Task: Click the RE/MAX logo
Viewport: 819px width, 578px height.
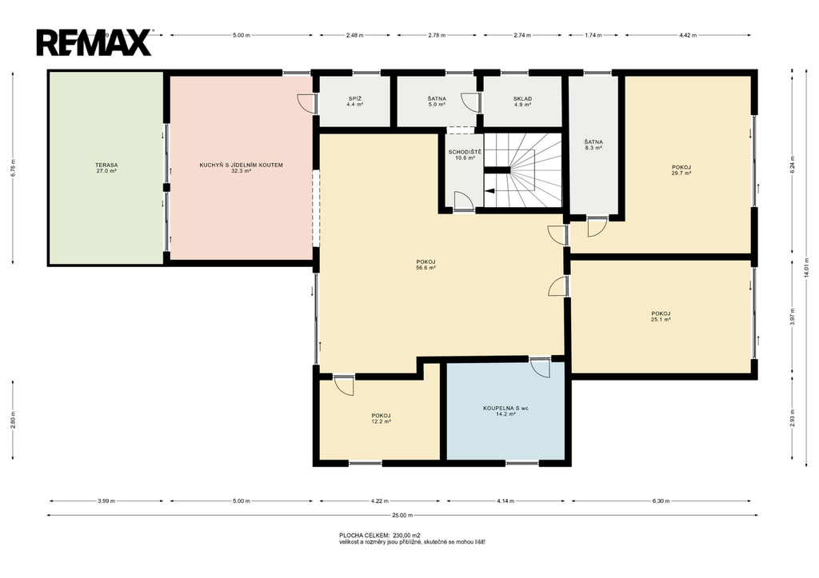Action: (94, 42)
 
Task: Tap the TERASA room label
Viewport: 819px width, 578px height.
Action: (106, 168)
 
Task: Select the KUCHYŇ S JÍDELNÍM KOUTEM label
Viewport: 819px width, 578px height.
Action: (241, 168)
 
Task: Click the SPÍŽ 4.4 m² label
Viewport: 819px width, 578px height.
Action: (354, 102)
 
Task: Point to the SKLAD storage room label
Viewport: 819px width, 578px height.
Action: (522, 102)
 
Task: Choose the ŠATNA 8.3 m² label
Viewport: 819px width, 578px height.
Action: (593, 145)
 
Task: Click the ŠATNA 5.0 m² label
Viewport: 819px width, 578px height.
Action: (437, 102)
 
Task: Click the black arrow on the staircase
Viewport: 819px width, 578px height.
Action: (489, 190)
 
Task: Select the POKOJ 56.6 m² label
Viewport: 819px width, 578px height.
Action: (425, 264)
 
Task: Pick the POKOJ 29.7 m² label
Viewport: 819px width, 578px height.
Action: (681, 170)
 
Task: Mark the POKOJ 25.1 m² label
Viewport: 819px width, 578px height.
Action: (661, 317)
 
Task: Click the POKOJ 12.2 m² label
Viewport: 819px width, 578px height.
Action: (382, 418)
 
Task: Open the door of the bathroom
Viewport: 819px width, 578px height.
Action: (541, 367)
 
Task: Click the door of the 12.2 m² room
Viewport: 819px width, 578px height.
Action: (344, 385)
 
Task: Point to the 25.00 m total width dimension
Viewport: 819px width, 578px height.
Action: (402, 516)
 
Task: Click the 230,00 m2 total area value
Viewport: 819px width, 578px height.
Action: (406, 535)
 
